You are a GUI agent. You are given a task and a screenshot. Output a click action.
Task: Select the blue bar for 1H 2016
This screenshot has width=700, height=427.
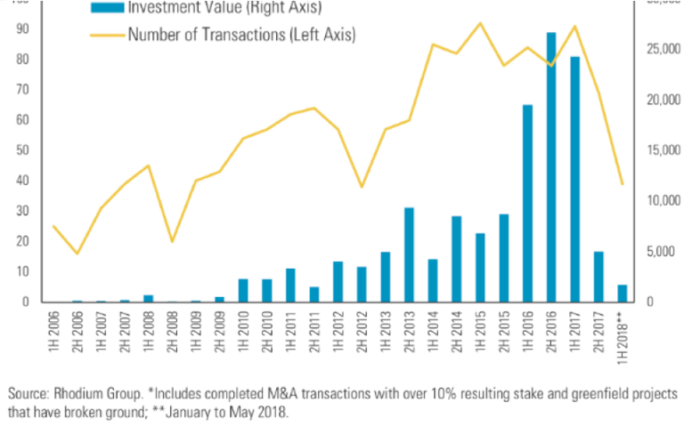[527, 204]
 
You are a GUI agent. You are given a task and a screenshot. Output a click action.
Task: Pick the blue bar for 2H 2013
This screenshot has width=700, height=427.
[409, 254]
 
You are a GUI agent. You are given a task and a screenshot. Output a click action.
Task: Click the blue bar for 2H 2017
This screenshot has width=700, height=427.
[598, 277]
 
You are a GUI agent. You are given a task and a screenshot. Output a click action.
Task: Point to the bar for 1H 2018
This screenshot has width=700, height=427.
[622, 294]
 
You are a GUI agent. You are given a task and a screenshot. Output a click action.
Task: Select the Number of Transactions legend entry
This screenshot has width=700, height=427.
[241, 36]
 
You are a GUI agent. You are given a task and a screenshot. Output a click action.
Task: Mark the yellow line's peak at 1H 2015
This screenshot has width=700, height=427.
[480, 23]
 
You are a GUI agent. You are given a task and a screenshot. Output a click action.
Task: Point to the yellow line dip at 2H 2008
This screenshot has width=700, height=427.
[172, 241]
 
